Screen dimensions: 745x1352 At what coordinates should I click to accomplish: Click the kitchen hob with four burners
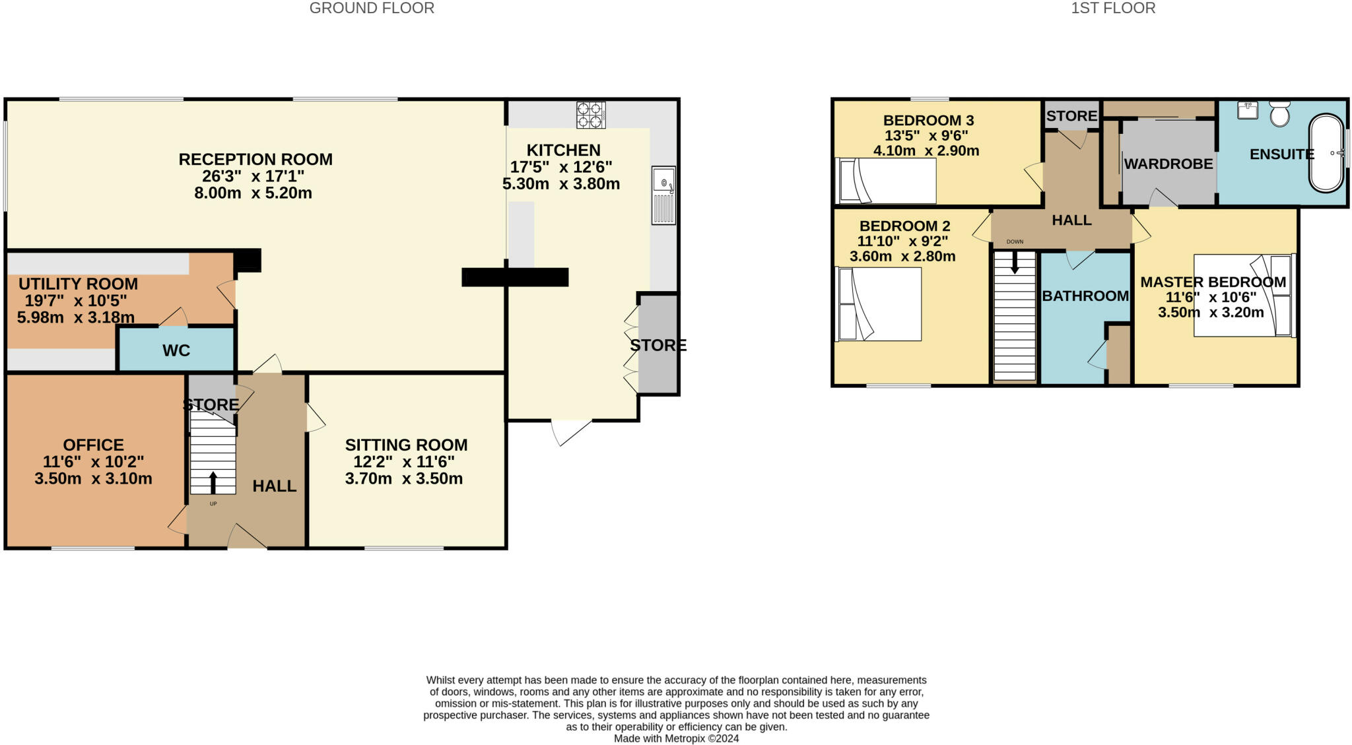[591, 115]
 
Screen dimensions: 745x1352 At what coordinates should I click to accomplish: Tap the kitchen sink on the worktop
[663, 195]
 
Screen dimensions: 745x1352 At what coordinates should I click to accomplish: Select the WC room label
[176, 350]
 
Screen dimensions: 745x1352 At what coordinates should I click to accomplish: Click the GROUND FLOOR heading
[372, 9]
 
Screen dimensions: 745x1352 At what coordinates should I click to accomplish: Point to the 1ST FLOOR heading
[1113, 9]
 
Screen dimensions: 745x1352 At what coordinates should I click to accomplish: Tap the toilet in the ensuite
[1279, 114]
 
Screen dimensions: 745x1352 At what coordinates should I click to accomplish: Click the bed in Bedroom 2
[879, 304]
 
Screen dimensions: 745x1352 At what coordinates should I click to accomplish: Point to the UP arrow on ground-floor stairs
[213, 482]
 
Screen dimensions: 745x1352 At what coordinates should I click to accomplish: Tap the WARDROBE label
[1168, 164]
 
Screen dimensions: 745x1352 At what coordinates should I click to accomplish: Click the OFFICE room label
[93, 445]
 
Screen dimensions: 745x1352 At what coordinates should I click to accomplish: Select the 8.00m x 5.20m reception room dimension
[253, 193]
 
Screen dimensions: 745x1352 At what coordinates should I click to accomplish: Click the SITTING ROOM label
[406, 445]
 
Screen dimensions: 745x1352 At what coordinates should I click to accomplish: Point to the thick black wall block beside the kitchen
[515, 277]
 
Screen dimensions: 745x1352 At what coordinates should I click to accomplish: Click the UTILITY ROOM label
[78, 284]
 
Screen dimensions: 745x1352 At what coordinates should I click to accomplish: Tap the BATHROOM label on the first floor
[1085, 296]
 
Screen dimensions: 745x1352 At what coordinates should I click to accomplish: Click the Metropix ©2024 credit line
[676, 738]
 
